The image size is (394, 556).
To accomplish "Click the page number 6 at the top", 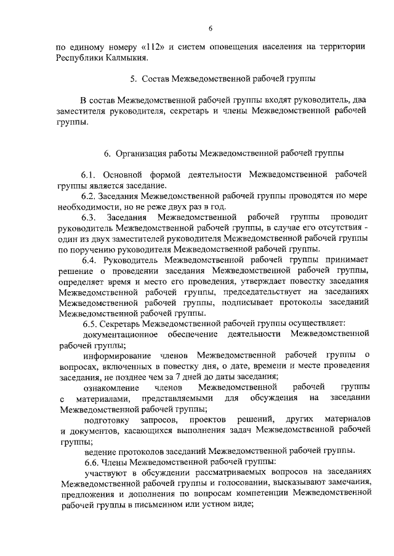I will pyautogui.click(x=210, y=28).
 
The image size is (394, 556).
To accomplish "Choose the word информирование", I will pyautogui.click(x=117, y=355).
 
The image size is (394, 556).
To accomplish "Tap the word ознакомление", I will pyautogui.click(x=109, y=387).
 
